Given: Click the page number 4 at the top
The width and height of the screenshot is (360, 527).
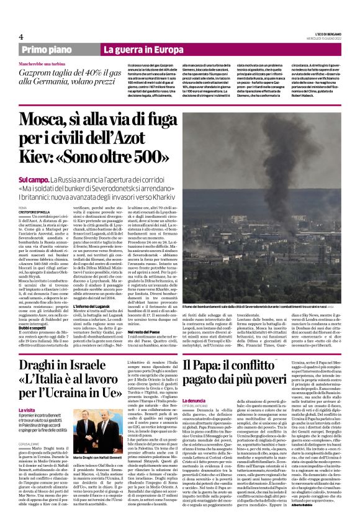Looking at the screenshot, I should click(x=21, y=37).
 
